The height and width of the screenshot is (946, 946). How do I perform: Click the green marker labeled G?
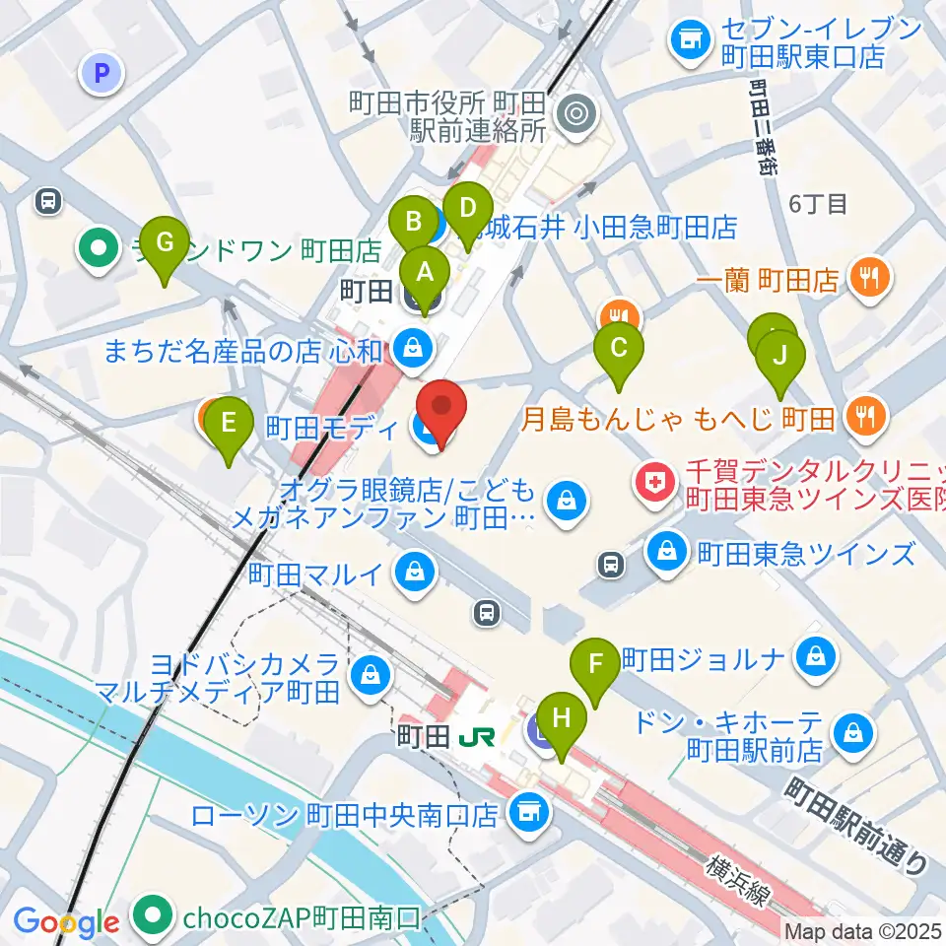pos(164,243)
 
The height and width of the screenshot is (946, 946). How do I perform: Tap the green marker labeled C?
pos(619,350)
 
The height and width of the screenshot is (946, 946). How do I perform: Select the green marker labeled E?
pos(229,426)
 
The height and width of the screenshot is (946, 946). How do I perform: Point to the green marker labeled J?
pos(780,357)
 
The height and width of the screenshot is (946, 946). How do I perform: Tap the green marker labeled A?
pos(426,272)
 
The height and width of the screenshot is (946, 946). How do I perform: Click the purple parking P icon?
pos(101,72)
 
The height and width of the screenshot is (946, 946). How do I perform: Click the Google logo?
pos(66,921)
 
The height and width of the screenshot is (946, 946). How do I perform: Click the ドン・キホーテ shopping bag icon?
pos(847,732)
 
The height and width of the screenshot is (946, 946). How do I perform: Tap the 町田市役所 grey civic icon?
pos(574,115)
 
